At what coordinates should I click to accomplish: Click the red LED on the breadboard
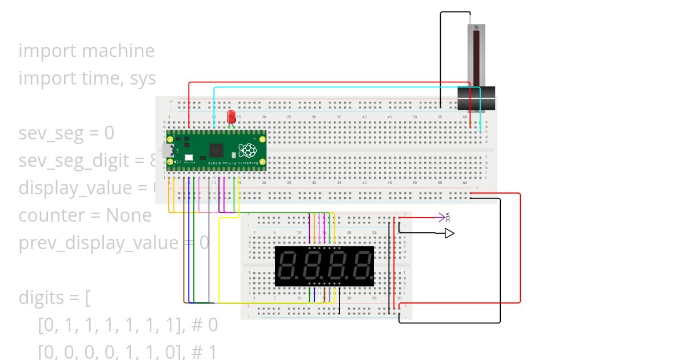click(x=232, y=117)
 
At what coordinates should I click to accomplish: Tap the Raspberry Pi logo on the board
click(x=247, y=150)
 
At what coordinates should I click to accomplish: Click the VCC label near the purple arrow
click(x=448, y=217)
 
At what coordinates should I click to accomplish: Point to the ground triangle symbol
click(x=449, y=233)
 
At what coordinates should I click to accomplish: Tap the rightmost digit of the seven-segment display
click(x=362, y=266)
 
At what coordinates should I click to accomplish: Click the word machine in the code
click(x=118, y=51)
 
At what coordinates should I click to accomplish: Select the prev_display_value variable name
click(x=98, y=243)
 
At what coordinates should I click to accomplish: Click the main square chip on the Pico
click(x=217, y=150)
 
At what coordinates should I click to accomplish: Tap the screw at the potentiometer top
click(x=476, y=28)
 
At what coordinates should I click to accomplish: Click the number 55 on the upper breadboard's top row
click(x=440, y=117)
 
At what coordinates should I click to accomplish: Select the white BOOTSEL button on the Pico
click(x=188, y=157)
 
